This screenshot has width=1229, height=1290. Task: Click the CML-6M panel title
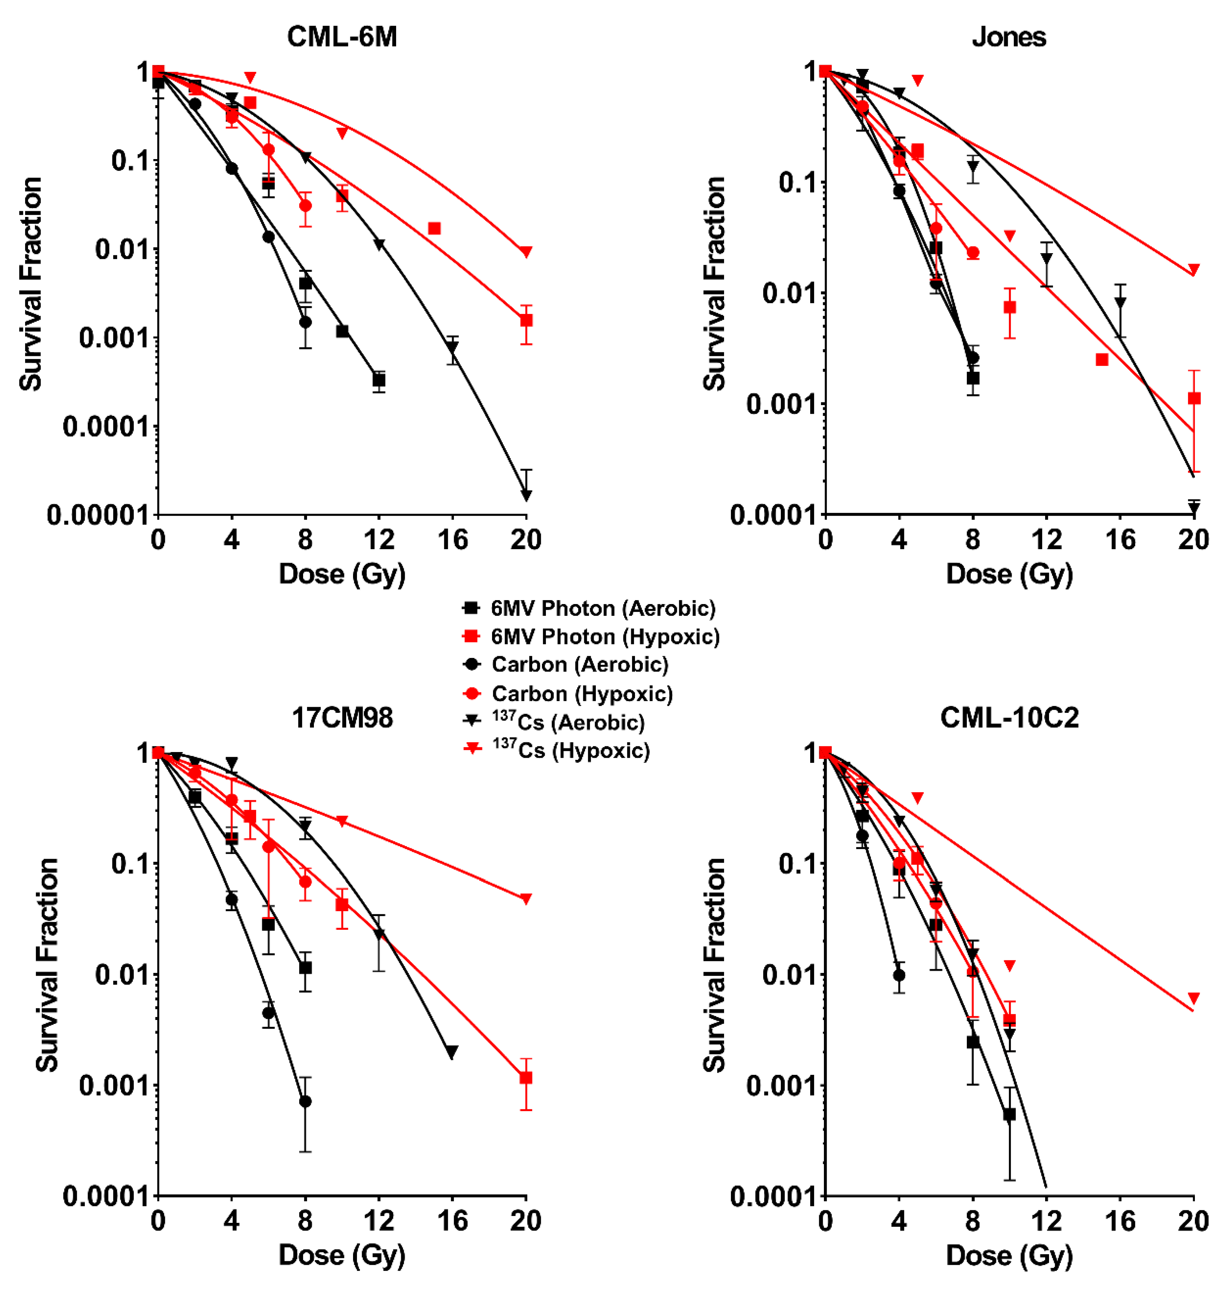coord(342,37)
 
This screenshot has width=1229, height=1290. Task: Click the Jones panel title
coord(1009,37)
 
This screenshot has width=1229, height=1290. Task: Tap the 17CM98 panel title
coord(342,718)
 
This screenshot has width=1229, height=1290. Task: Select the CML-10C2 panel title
coord(1009,718)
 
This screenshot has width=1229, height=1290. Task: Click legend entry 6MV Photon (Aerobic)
coord(603,609)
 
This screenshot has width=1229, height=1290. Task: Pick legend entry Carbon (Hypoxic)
coord(582,694)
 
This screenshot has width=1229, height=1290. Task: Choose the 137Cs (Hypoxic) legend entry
coord(570,751)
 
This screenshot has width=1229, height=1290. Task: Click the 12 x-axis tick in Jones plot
coord(1046,540)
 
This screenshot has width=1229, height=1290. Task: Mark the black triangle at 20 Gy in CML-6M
coord(526,495)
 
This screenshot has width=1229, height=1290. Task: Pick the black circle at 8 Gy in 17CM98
coord(305,1101)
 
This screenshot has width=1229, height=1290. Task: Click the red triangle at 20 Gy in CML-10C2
coord(1193,998)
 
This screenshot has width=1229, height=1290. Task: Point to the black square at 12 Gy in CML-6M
coord(379,380)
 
